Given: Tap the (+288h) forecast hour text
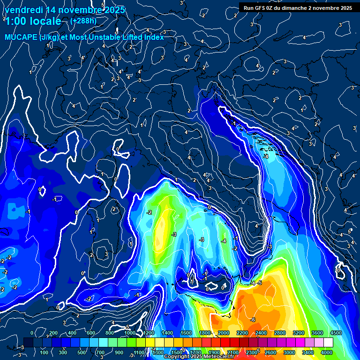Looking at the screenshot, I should (83, 21).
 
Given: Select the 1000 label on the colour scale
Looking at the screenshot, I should (130, 333).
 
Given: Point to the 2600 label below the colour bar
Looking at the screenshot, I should (270, 352).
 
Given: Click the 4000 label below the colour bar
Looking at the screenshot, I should (327, 352).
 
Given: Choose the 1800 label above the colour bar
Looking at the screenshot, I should (205, 333).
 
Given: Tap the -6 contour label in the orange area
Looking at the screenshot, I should (253, 320).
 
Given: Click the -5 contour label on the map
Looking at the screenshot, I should (259, 283).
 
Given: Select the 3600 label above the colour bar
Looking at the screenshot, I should (317, 333).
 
